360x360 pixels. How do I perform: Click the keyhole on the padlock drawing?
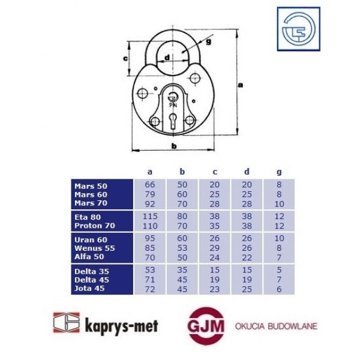click(173, 121)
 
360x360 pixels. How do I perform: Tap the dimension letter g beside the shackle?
click(208, 42)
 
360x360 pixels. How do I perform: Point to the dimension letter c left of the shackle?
click(125, 58)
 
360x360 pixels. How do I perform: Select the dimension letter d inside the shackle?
click(167, 57)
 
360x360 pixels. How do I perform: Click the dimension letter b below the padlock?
click(174, 146)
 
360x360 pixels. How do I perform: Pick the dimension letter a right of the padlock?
click(240, 85)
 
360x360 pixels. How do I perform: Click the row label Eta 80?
click(88, 217)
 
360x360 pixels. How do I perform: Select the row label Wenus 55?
click(95, 248)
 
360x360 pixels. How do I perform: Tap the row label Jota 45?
click(89, 289)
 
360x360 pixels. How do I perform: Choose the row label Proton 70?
click(95, 226)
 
